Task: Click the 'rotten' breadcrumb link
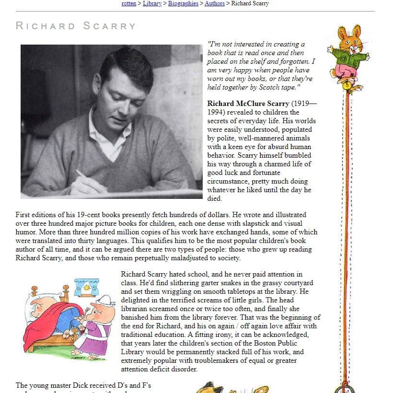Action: point(129,3)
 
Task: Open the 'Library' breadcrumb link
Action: point(152,3)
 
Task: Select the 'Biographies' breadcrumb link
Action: point(183,3)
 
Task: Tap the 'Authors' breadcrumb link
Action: point(214,3)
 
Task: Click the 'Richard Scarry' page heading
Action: point(76,26)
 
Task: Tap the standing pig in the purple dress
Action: point(96,326)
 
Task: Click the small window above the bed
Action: point(87,288)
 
